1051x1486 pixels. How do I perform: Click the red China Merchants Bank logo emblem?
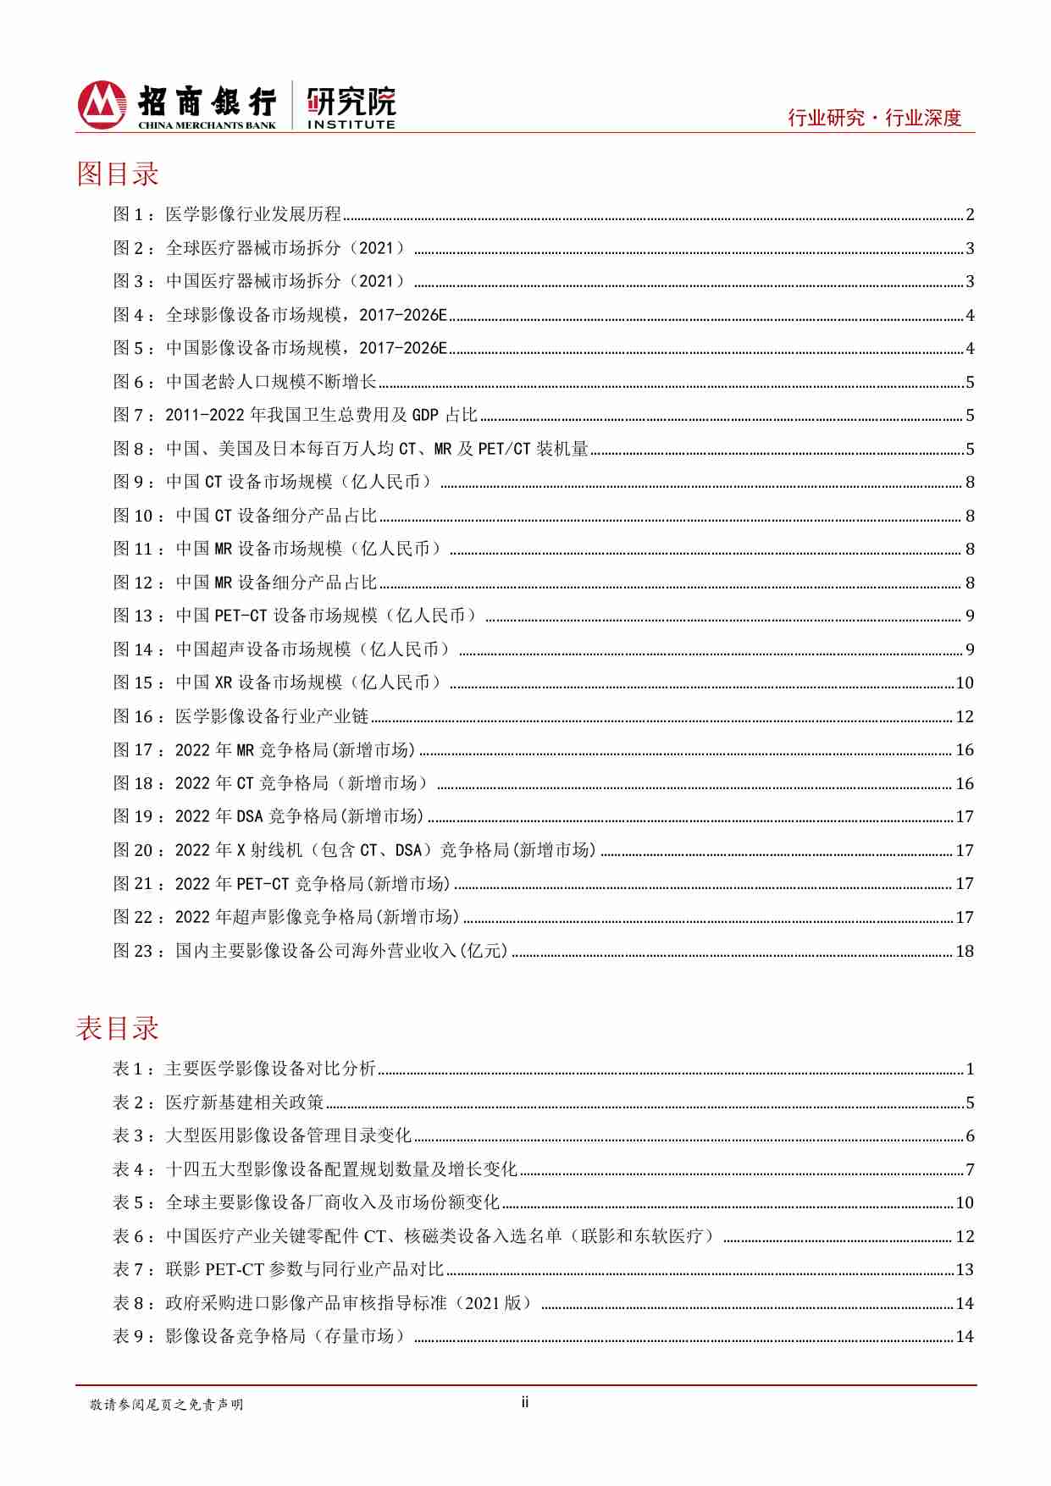[x=102, y=104]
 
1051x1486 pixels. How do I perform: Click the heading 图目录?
[x=118, y=174]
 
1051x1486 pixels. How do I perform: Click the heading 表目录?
[x=118, y=1028]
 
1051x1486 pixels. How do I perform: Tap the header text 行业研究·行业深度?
[x=874, y=118]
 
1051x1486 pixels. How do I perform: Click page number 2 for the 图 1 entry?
[x=970, y=215]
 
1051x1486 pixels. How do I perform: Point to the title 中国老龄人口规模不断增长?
[x=271, y=382]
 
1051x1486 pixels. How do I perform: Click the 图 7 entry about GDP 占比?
[x=322, y=415]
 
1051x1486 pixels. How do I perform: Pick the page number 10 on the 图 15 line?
[x=965, y=683]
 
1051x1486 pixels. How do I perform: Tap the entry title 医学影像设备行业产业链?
[x=272, y=716]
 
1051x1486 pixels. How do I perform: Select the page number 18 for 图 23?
[x=965, y=951]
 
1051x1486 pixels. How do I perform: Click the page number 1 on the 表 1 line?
[x=970, y=1069]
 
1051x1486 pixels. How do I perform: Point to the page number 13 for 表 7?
[x=965, y=1269]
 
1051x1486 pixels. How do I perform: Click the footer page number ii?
[x=525, y=1402]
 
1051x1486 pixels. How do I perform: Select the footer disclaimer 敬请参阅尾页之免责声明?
[x=167, y=1405]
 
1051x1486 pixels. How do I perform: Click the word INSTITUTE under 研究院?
[x=351, y=124]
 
